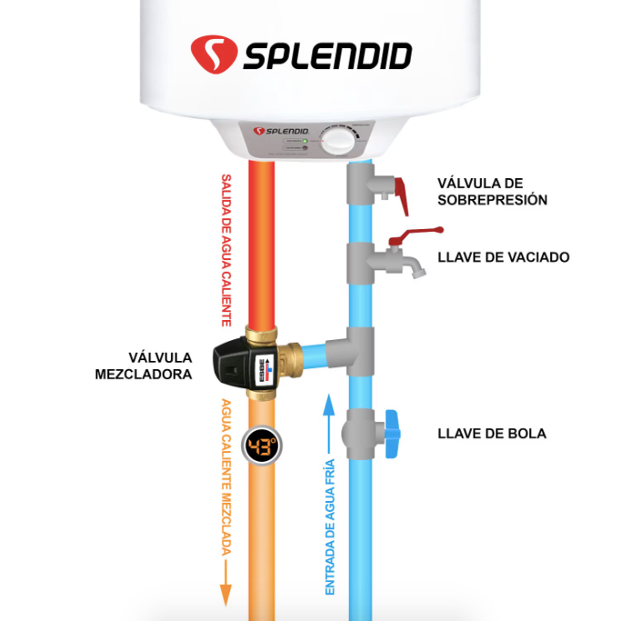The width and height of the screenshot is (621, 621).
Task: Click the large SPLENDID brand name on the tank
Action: point(327,55)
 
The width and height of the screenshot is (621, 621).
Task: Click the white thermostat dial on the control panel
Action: point(338,140)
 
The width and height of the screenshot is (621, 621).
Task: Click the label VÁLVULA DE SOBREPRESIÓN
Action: point(493,191)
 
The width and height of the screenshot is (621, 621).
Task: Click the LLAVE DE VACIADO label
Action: point(503,257)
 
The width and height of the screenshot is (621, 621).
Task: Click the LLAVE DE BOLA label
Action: point(492,434)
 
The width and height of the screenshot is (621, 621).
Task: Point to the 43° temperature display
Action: point(261,446)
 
